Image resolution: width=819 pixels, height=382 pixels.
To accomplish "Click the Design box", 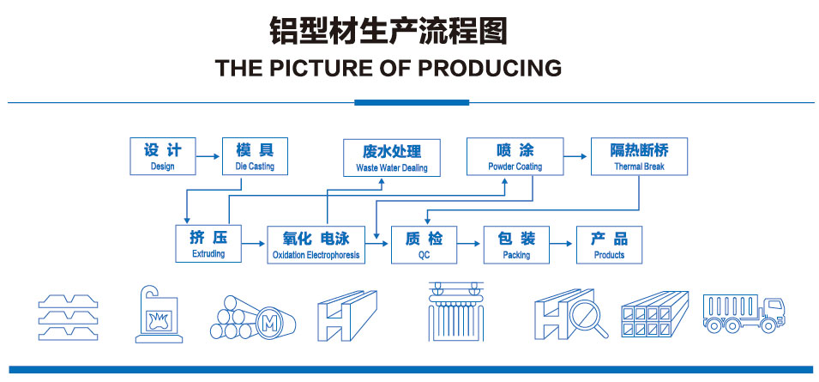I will coord(162,155).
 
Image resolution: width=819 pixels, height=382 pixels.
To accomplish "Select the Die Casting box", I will coord(255,155).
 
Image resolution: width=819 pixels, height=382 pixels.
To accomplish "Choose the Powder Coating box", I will coord(515,155).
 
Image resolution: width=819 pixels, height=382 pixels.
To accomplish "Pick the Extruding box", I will coord(208,244).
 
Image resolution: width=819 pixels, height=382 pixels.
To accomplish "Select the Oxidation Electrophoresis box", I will coord(316,244).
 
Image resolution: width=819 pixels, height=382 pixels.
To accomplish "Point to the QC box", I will coord(424,244).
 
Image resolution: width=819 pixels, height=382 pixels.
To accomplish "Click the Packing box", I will coord(516,244).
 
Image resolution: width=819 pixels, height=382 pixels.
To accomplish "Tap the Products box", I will coord(609,244).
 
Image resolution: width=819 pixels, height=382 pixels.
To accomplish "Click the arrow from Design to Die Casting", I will coord(208,156).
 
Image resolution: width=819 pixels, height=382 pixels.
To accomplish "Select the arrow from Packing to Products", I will coord(563,245).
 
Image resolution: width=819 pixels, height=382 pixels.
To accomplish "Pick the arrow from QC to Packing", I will coord(470,245).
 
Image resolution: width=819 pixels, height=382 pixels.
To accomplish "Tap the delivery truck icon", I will coord(743,312).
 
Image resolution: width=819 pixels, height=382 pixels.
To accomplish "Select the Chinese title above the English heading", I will coord(388,29).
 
